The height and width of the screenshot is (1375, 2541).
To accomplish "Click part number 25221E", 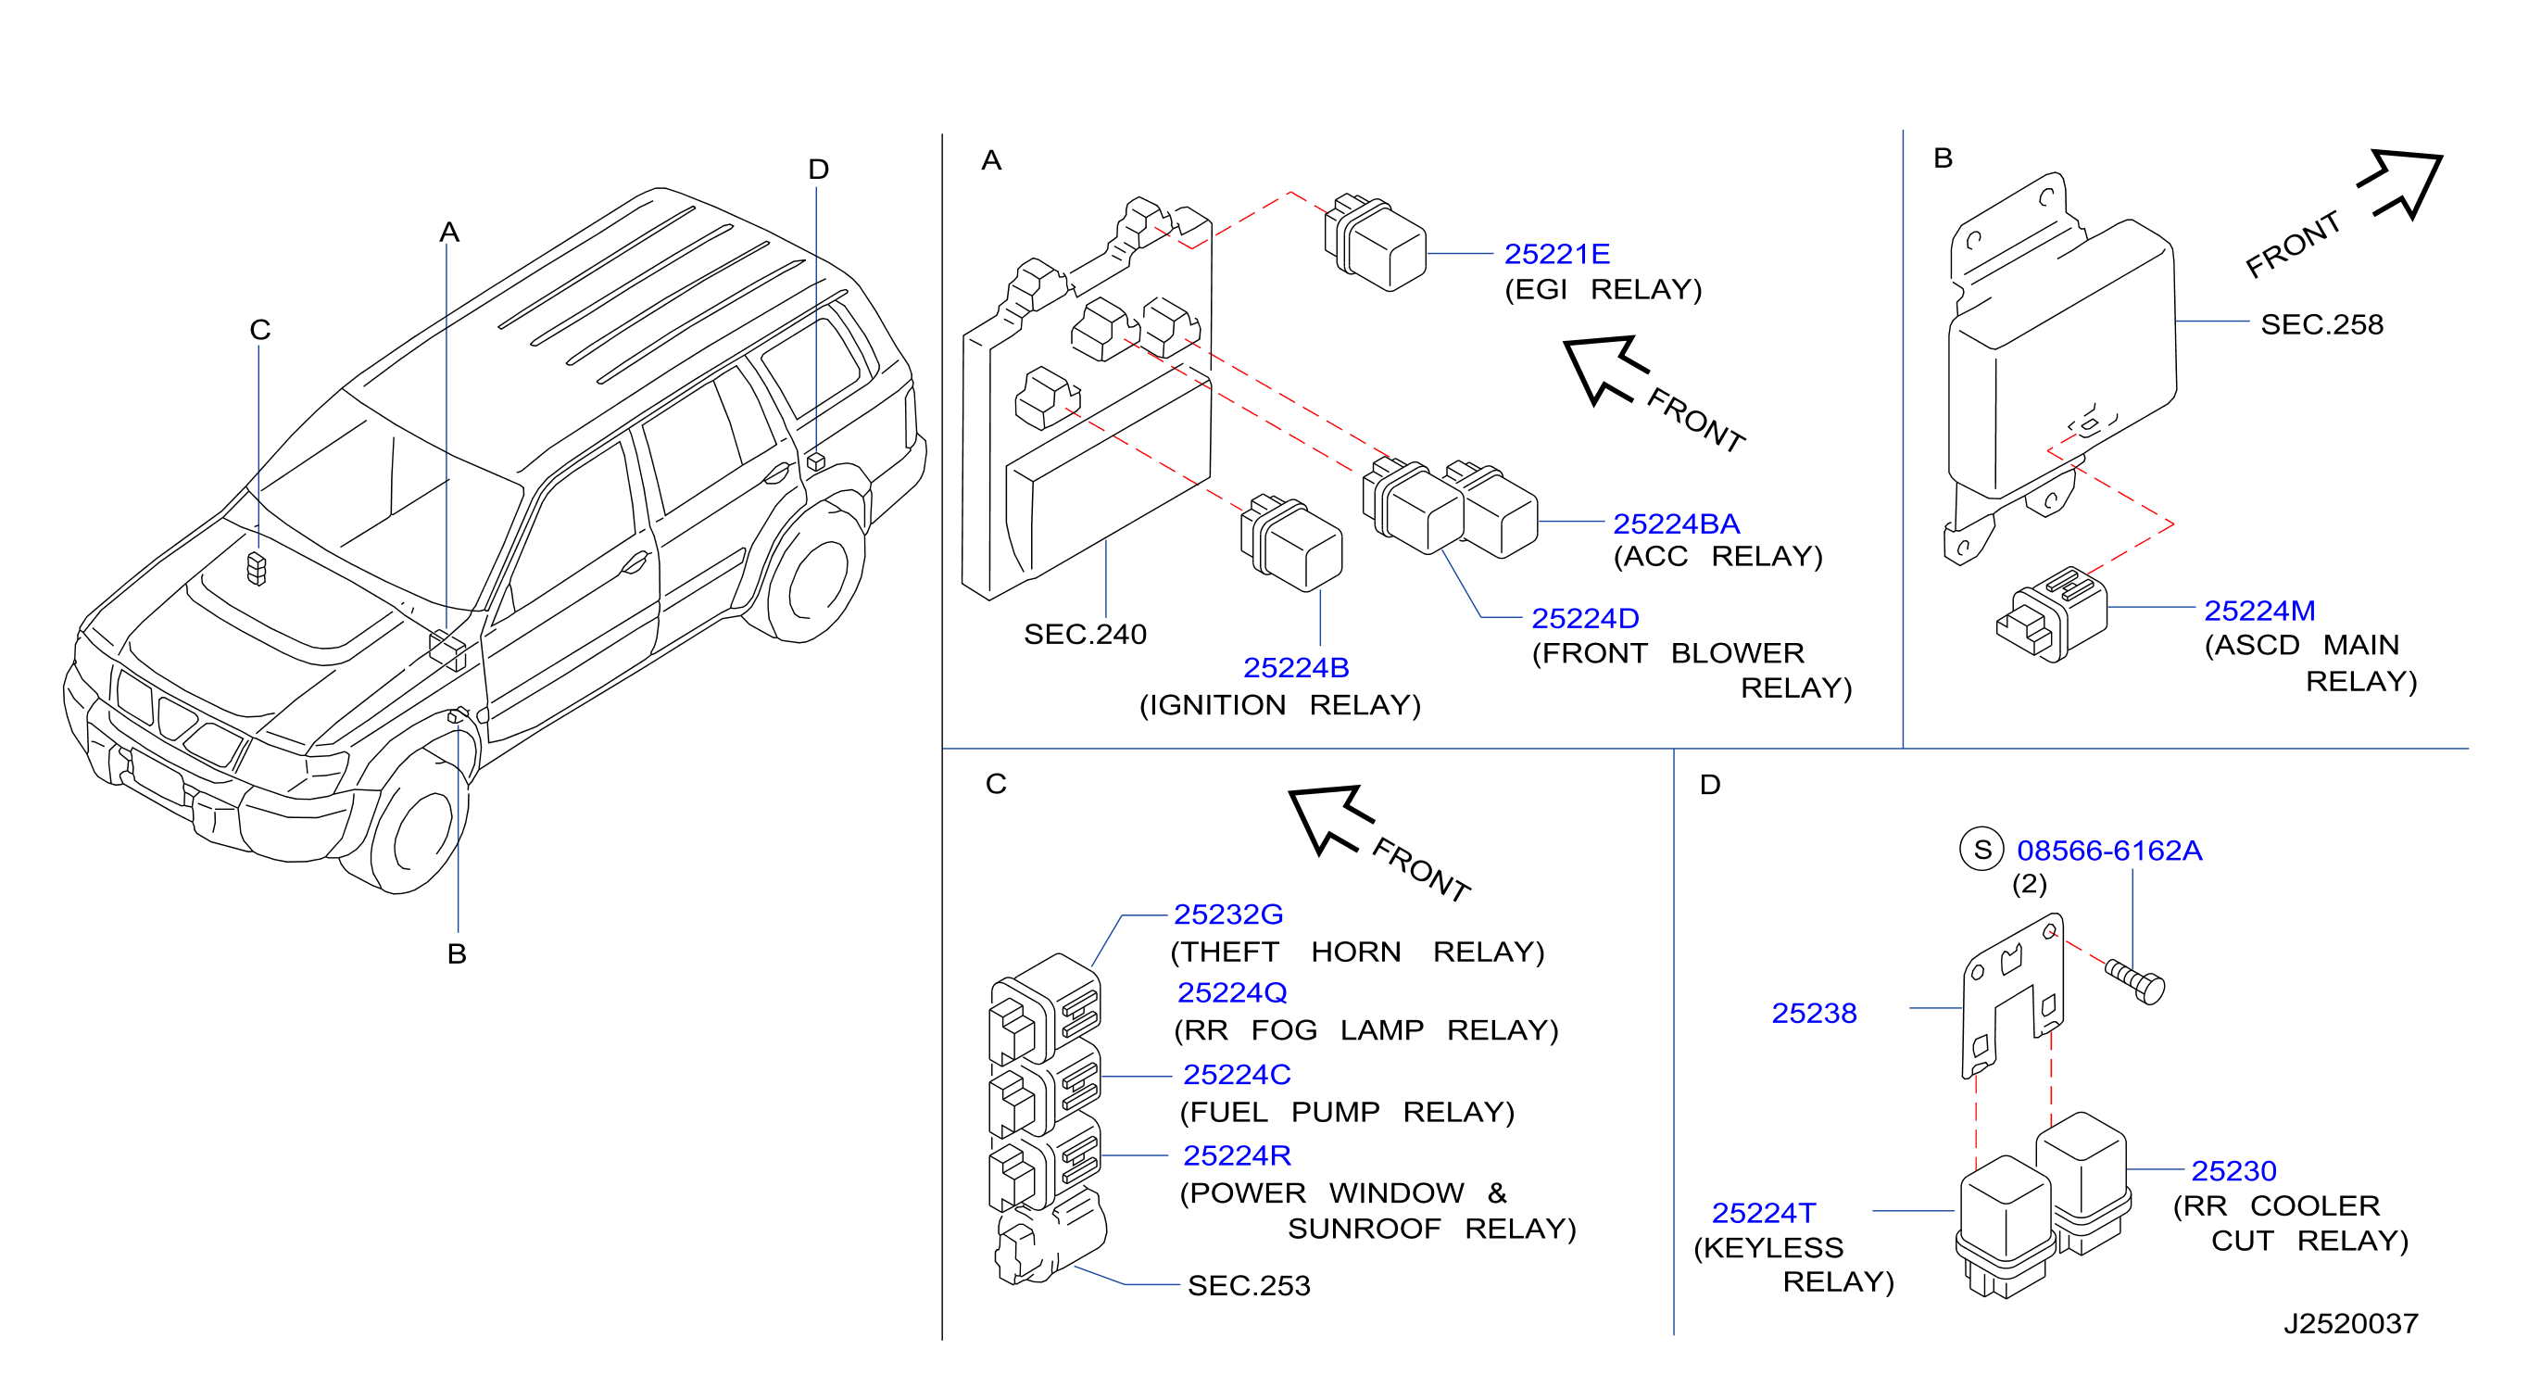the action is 1556,255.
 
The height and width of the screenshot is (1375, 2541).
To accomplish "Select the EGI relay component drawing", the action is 1375,243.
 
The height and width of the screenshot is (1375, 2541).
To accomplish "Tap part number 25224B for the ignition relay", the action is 1296,668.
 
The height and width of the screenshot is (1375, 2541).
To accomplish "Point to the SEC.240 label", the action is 1085,635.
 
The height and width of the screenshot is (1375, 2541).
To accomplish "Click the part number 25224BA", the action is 1676,524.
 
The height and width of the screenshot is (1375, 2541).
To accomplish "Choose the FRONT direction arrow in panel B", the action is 2400,184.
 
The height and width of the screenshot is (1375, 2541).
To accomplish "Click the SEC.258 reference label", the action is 2322,324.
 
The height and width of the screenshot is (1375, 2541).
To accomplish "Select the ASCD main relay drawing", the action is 2052,613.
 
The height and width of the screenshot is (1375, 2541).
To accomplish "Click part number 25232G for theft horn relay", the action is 1228,915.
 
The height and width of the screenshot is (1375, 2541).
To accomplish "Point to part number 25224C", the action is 1237,1074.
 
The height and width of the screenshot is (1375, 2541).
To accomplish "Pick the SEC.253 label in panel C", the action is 1249,1285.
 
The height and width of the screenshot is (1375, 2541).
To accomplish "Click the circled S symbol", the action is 1981,850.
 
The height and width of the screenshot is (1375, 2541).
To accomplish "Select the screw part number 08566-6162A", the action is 2109,851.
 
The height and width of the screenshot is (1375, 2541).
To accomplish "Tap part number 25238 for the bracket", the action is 1814,1013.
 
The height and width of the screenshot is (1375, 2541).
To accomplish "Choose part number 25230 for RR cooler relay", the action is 2233,1171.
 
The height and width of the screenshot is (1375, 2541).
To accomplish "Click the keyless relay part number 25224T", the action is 1764,1212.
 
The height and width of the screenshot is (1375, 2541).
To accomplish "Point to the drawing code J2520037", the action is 2350,1324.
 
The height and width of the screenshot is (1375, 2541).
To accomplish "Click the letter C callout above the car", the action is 259,330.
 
